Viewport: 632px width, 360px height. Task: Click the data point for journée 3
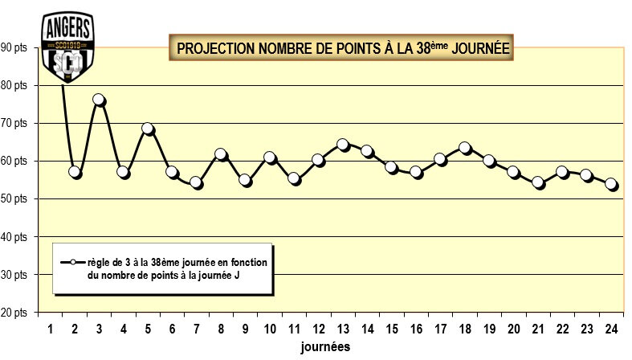pyautogui.click(x=99, y=100)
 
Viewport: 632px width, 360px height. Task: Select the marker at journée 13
pyautogui.click(x=343, y=145)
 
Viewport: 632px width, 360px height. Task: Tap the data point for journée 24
pyautogui.click(x=611, y=184)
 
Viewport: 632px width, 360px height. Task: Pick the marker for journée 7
pyautogui.click(x=197, y=183)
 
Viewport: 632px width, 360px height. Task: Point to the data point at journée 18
pyautogui.click(x=465, y=148)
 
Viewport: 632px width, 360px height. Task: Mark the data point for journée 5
pyautogui.click(x=148, y=129)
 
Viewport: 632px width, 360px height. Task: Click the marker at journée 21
pyautogui.click(x=538, y=182)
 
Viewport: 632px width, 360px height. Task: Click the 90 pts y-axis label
pyautogui.click(x=14, y=47)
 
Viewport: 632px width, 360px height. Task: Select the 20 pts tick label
pyautogui.click(x=14, y=312)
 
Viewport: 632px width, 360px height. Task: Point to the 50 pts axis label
pyautogui.click(x=14, y=198)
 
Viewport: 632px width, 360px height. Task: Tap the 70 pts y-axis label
pyautogui.click(x=14, y=123)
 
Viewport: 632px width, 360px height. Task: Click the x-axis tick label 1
pyautogui.click(x=50, y=329)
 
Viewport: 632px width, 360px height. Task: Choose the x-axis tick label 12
pyautogui.click(x=319, y=329)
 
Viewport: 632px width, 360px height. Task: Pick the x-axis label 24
pyautogui.click(x=611, y=329)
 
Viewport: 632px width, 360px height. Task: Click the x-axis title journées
pyautogui.click(x=325, y=347)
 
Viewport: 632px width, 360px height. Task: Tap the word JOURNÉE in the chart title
pyautogui.click(x=480, y=47)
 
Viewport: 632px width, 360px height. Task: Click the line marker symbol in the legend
pyautogui.click(x=71, y=263)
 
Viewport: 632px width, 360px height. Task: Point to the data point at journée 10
pyautogui.click(x=270, y=157)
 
